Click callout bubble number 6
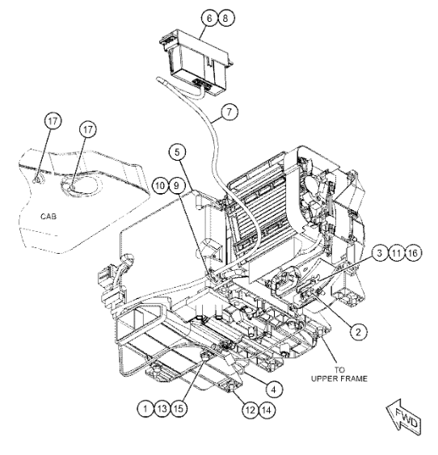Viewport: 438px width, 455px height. pos(209,18)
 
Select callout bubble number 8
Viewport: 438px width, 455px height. pos(225,18)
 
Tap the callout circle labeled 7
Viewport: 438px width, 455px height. pos(230,112)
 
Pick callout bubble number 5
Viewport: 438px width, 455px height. pos(177,153)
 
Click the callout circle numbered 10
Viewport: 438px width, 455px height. pos(160,185)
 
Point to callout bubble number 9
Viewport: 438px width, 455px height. pos(177,185)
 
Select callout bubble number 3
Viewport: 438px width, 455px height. pos(380,253)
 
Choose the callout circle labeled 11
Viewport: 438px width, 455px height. pos(396,253)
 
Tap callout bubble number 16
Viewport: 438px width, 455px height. pos(413,253)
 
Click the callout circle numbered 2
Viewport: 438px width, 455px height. pos(359,331)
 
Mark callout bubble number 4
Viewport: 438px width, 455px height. pos(273,390)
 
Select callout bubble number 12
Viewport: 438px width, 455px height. pos(251,410)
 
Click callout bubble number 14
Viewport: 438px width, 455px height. pos(267,410)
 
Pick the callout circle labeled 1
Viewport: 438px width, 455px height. pos(145,409)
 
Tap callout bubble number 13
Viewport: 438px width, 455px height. pos(162,409)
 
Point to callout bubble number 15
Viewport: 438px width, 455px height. pos(179,409)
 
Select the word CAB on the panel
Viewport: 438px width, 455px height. pos(48,216)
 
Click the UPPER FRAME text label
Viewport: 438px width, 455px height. pos(339,378)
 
